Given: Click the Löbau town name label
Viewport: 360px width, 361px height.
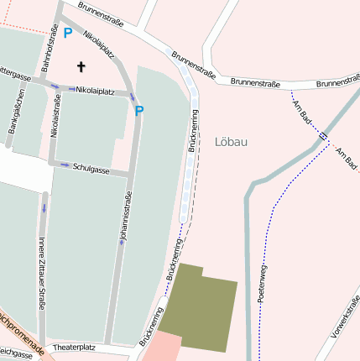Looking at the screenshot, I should click(231, 142).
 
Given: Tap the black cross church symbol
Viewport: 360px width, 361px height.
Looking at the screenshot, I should click(81, 66).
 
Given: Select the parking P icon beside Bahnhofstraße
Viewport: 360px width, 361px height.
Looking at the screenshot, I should click(67, 34).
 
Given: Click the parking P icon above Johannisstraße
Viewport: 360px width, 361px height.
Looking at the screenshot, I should click(139, 110).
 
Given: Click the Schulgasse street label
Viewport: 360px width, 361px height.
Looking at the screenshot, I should click(91, 169).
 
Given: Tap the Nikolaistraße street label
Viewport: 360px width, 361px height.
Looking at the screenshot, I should click(55, 118).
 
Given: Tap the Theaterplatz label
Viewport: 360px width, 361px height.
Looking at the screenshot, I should click(74, 346).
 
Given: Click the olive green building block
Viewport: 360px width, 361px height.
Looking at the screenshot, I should click(197, 309).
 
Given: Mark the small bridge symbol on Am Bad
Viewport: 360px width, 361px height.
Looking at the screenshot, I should click(323, 135).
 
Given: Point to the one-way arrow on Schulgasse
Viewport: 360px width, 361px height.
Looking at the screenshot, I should click(64, 165).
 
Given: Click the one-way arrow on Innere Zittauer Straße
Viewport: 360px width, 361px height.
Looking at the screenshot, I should click(44, 207).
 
